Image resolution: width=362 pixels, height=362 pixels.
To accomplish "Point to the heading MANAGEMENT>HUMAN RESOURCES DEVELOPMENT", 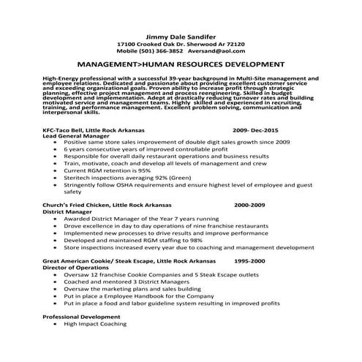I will tap(181, 64).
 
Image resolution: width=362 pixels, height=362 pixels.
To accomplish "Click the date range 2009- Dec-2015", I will tap(257, 129).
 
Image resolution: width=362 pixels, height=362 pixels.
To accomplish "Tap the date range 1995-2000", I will tap(249, 260).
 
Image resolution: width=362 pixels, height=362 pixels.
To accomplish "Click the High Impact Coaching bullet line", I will tap(97, 323).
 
